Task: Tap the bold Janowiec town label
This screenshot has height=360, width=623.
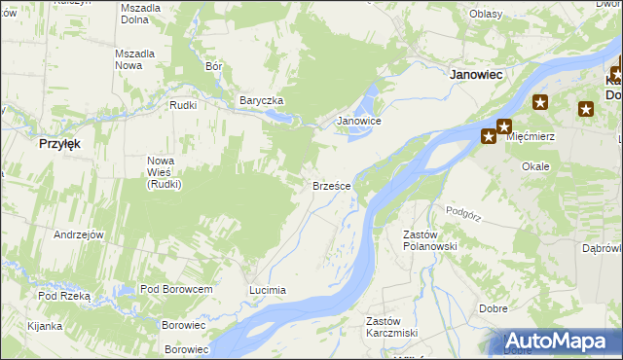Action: click(474, 73)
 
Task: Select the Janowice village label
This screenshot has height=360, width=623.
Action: click(358, 122)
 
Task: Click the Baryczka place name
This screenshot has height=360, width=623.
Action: click(261, 100)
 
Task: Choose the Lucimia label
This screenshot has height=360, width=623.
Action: click(268, 290)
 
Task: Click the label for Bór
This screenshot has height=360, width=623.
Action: click(215, 67)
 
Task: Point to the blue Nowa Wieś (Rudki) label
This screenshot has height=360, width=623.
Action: click(165, 172)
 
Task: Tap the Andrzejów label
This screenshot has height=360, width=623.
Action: click(79, 234)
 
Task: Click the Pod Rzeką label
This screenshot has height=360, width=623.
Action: click(64, 296)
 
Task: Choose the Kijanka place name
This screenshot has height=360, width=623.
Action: click(46, 326)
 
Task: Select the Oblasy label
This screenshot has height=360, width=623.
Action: click(485, 14)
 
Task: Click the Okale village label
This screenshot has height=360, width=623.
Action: click(535, 166)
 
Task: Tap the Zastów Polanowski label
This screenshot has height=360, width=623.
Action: click(430, 240)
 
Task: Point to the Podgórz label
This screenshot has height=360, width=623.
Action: click(464, 211)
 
